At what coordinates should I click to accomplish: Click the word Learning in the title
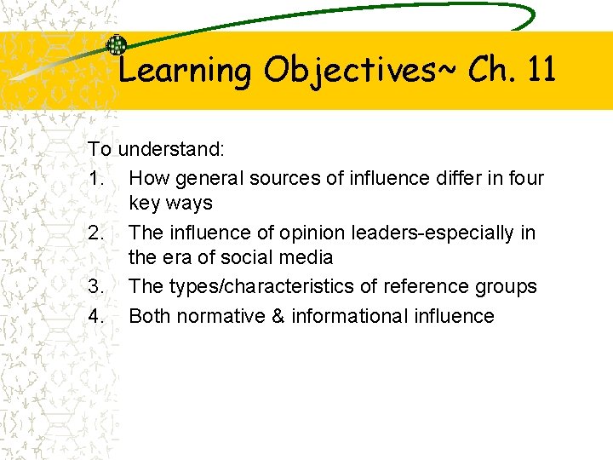[185, 71]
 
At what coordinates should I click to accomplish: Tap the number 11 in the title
[541, 69]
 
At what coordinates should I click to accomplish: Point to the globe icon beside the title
[117, 46]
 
